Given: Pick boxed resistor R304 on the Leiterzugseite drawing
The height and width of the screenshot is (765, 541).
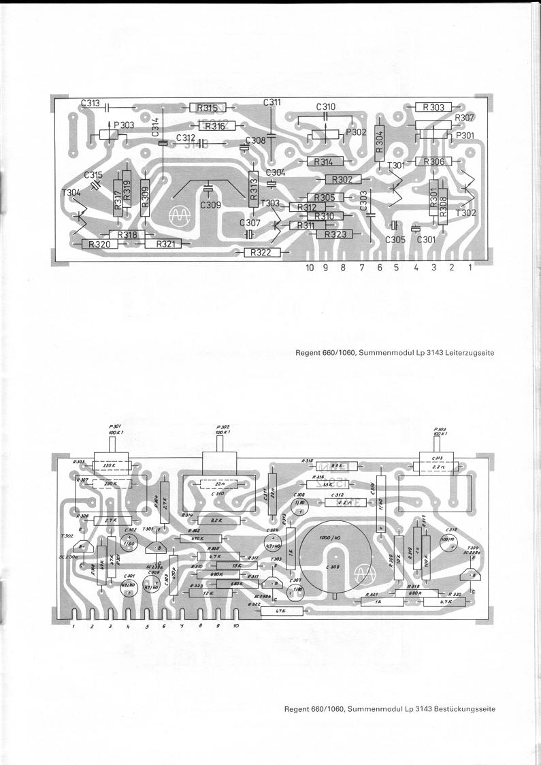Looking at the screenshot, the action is tap(380, 142).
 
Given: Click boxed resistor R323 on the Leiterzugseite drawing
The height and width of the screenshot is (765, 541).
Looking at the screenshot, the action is tap(335, 234).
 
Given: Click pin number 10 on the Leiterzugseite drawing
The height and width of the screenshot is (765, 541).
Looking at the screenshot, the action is tap(310, 268).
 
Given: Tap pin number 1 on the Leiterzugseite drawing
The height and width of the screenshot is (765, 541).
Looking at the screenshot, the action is tap(470, 268).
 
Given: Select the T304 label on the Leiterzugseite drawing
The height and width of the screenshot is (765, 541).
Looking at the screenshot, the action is tap(71, 193).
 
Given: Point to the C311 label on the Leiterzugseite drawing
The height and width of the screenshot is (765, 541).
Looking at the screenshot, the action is tap(272, 102).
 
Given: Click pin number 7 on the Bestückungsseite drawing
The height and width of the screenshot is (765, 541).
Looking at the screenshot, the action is tap(182, 625).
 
